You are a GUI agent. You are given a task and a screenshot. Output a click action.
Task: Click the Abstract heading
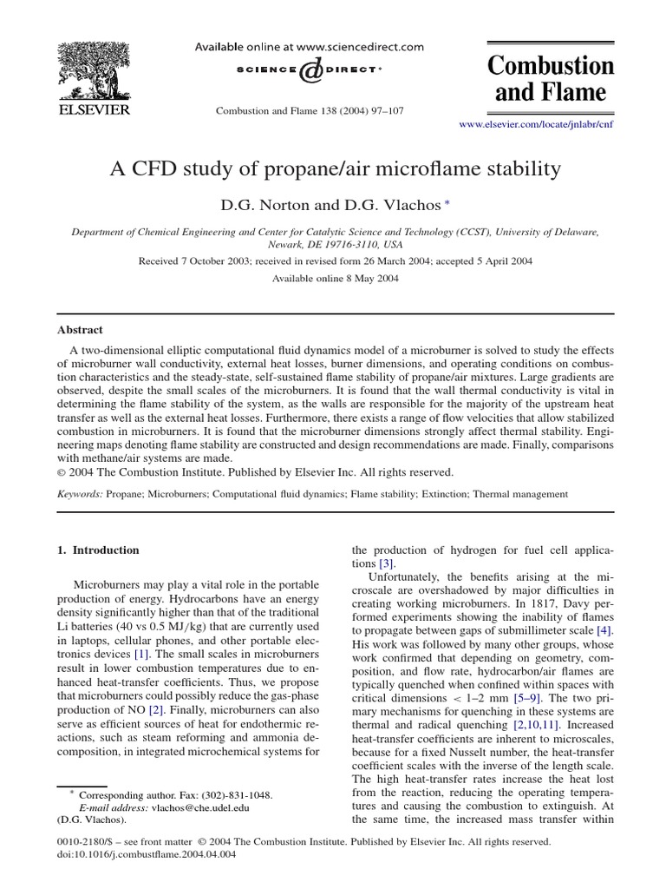pyautogui.click(x=80, y=330)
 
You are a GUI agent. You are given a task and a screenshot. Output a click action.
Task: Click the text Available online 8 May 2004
pyautogui.click(x=332, y=278)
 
